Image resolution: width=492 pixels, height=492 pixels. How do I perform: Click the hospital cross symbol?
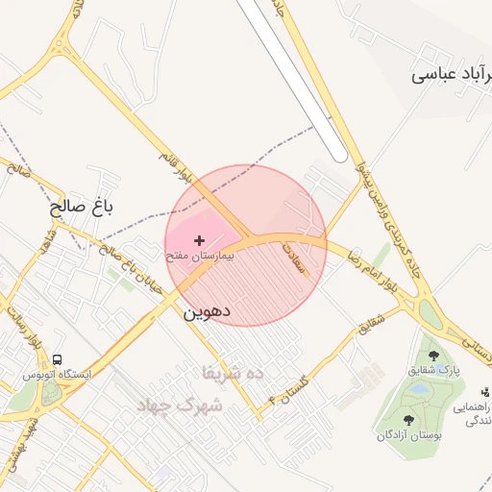click(199, 239)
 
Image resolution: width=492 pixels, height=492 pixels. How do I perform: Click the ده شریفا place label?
click(233, 372)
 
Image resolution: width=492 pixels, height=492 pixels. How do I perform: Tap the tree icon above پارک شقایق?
click(432, 356)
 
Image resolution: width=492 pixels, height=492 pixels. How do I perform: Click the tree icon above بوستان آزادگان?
click(410, 420)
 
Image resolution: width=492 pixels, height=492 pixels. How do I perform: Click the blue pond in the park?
click(420, 389)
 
